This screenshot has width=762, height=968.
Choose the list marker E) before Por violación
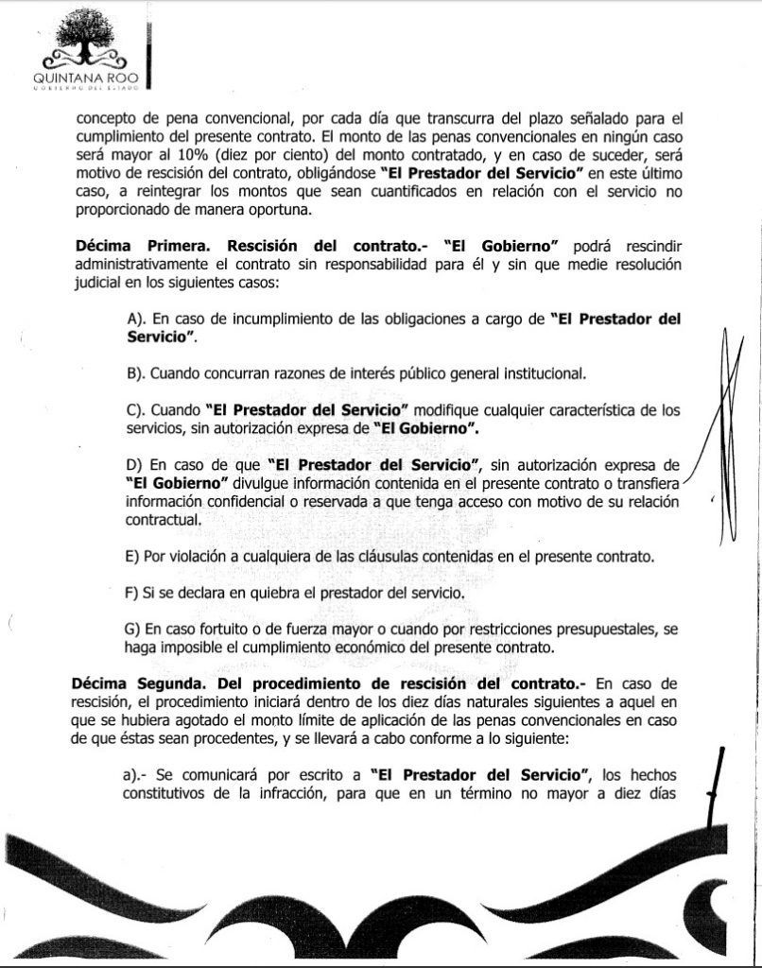pos(132,556)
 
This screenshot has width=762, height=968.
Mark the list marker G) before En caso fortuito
pos(133,630)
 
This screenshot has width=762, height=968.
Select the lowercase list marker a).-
pos(135,774)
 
